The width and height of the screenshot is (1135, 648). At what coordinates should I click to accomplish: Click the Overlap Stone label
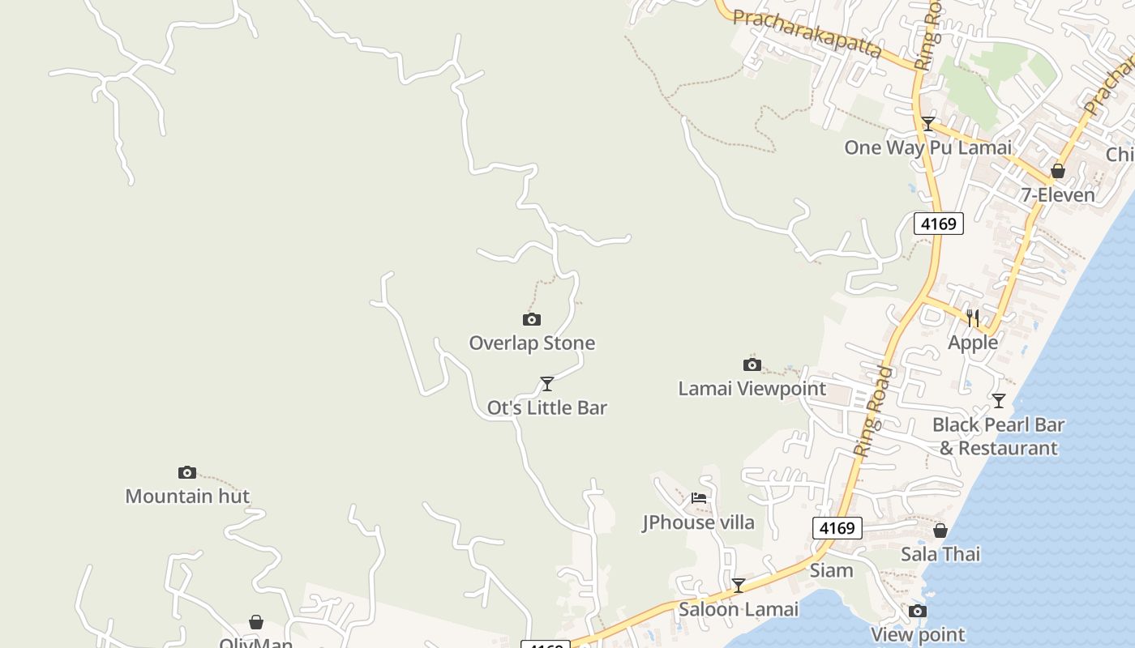click(532, 343)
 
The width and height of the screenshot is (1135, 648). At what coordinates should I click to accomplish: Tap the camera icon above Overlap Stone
click(532, 320)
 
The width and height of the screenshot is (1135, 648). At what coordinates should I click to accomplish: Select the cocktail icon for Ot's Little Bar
click(547, 383)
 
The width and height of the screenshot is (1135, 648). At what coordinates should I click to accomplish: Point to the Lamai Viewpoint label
click(752, 389)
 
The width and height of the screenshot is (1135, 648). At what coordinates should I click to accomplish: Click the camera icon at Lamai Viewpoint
click(752, 365)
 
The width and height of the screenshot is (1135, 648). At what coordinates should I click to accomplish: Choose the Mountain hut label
click(187, 496)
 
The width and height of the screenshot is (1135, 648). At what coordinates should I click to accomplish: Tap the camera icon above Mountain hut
click(187, 472)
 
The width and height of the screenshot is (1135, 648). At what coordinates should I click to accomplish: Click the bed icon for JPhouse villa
click(699, 498)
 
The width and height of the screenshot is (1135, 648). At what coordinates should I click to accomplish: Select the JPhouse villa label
click(699, 522)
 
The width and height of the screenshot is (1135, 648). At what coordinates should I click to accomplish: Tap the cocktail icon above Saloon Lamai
click(739, 585)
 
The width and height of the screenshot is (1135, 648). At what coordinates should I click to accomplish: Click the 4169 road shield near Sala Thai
click(837, 529)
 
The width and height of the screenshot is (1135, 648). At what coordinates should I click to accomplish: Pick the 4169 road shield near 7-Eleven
click(939, 224)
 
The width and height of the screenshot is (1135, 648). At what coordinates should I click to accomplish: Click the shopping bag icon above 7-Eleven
click(1058, 171)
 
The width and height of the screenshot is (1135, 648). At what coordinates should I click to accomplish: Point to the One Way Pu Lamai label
click(928, 147)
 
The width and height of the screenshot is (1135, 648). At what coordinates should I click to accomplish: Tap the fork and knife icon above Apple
click(973, 318)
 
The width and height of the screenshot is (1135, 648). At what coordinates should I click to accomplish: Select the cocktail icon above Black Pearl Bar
click(999, 401)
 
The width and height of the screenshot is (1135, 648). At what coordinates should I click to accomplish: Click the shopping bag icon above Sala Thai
click(940, 531)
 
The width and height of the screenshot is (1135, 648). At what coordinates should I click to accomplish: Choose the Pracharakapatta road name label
click(807, 33)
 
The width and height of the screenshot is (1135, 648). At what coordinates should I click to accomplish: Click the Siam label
click(832, 570)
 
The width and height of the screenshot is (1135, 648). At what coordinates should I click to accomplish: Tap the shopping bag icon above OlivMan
click(256, 622)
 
